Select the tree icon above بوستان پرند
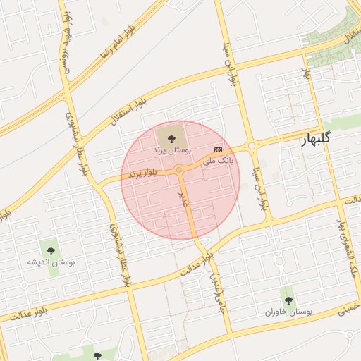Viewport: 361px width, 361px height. coord(169,135)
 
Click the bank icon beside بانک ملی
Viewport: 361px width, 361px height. coord(218,149)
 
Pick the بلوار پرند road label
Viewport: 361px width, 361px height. coord(149,171)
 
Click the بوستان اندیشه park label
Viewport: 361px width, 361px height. coord(51,262)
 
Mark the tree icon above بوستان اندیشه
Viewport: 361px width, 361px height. coord(50,250)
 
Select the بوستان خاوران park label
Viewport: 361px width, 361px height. coord(288,311)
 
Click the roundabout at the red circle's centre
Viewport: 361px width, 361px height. coord(180,170)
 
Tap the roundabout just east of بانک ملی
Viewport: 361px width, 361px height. coord(252,145)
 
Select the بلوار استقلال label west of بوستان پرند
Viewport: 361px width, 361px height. coord(127,111)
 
